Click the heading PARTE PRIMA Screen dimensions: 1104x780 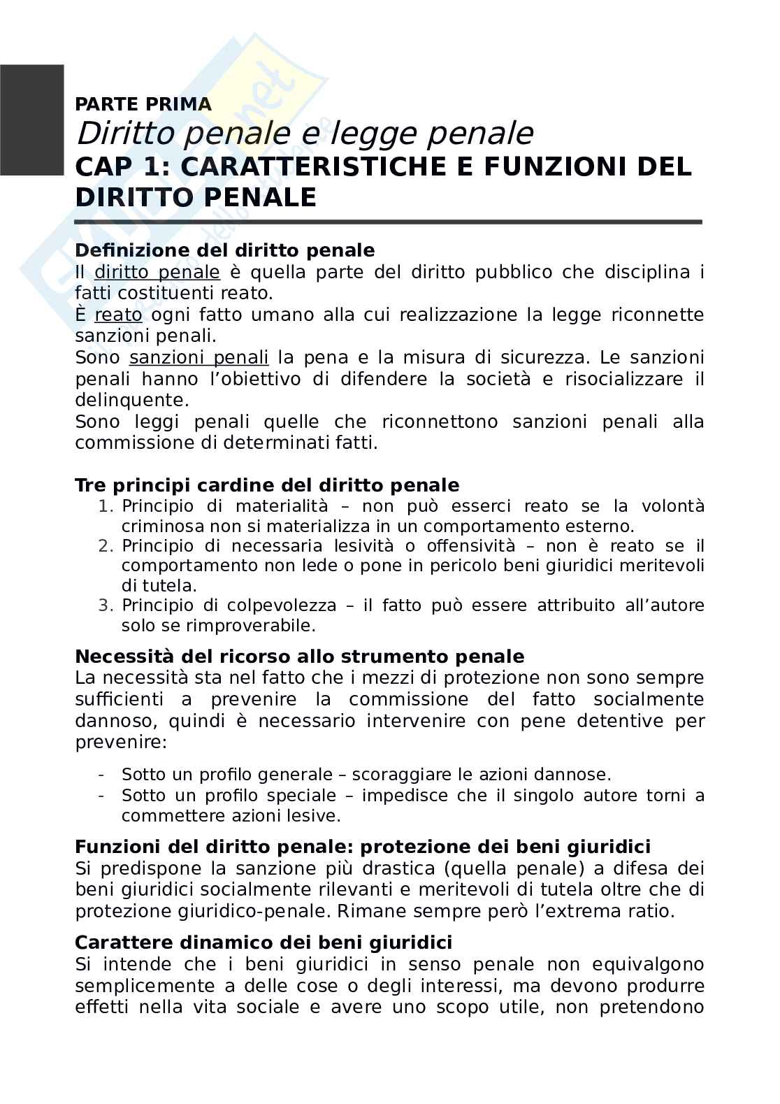pos(143,105)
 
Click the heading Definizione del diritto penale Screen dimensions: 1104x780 pos(224,250)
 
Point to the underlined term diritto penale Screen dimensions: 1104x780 pos(157,272)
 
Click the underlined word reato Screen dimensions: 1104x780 pos(118,315)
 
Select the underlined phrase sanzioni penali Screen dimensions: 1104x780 pos(198,358)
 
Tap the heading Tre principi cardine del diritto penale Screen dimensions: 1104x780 pos(267,485)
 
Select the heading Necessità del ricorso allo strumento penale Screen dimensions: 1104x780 pos(299,657)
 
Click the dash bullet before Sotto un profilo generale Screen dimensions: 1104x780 pos(102,775)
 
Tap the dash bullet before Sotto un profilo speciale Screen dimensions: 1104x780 pos(102,796)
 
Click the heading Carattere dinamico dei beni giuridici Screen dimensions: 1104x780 pos(263,942)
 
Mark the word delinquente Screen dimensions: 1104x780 pos(131,401)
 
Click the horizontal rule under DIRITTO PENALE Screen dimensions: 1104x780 pos(388,222)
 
